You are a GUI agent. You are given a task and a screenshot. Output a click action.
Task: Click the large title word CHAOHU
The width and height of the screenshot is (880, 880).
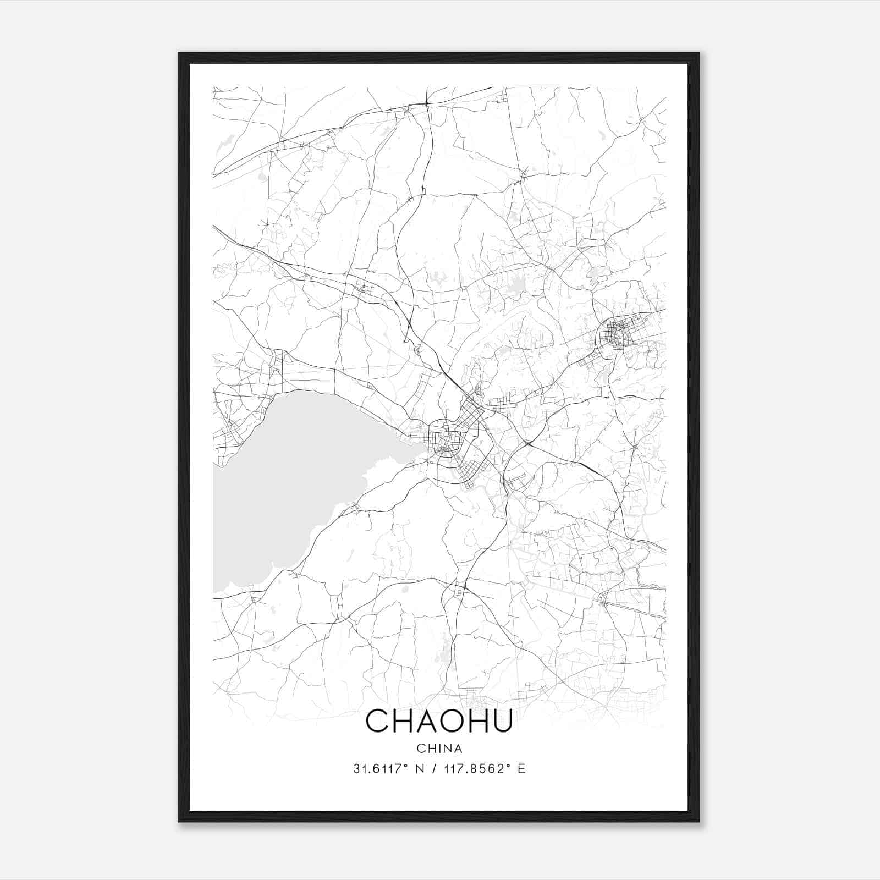point(439,721)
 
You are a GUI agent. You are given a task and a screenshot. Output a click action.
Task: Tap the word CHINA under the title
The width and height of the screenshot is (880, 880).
point(439,749)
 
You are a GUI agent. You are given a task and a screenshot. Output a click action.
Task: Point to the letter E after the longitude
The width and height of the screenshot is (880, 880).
point(521,769)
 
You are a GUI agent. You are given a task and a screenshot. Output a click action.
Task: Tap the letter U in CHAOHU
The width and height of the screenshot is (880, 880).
point(502,721)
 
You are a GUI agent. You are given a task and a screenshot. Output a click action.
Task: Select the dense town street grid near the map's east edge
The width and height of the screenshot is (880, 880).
point(616,333)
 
